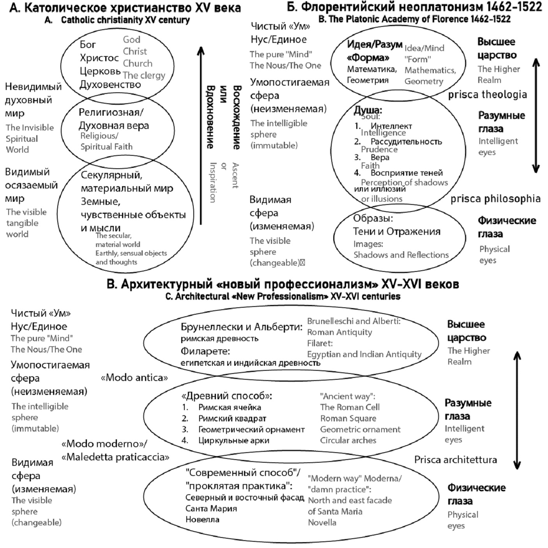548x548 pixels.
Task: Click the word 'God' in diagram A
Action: [131, 39]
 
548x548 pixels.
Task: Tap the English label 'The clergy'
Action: [144, 75]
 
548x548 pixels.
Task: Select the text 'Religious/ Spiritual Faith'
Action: [106, 141]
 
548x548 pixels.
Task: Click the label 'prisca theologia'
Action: [487, 94]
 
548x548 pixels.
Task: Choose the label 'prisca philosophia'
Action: [495, 199]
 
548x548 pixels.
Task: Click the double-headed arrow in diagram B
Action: [536, 116]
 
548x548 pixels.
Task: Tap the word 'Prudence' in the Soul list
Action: [379, 149]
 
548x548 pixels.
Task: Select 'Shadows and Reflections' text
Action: [401, 255]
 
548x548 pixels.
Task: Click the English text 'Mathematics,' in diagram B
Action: [430, 70]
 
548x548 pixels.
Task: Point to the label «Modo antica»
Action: [134, 377]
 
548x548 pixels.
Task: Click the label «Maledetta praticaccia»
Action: [115, 457]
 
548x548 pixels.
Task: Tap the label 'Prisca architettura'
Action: [455, 460]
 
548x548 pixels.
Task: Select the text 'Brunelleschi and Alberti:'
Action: [354, 321]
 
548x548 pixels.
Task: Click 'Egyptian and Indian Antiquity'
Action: [364, 354]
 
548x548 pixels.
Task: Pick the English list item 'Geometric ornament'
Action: [360, 429]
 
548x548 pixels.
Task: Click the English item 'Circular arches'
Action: [348, 440]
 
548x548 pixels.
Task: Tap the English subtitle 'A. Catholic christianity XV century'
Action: [117, 20]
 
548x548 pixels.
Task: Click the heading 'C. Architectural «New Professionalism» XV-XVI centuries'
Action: [283, 296]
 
